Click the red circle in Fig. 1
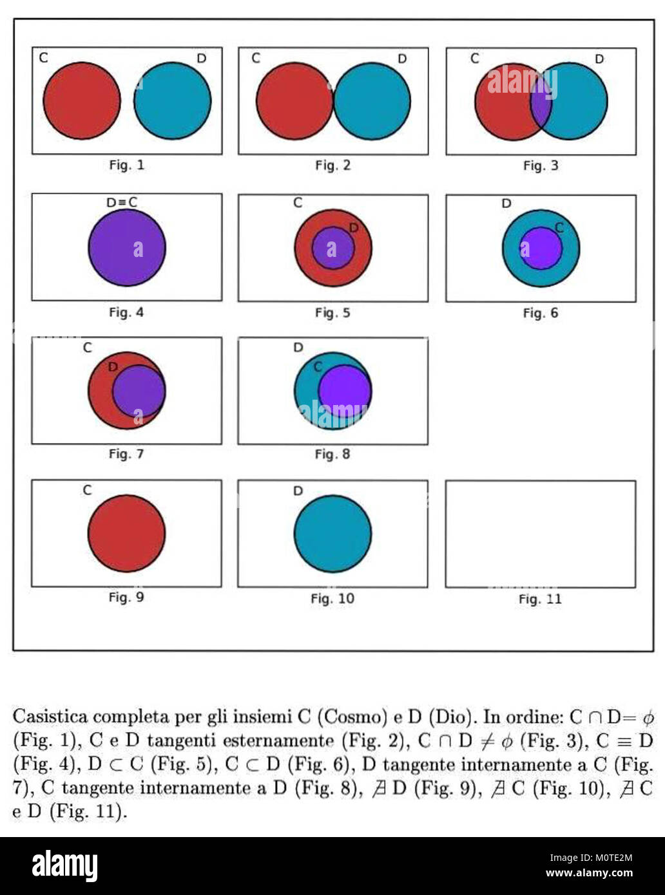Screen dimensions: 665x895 (x=82, y=101)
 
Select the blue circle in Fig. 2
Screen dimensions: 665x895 (x=372, y=101)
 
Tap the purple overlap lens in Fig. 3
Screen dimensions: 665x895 (x=541, y=101)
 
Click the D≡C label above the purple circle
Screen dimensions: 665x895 (x=122, y=202)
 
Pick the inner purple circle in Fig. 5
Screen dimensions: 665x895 (x=333, y=248)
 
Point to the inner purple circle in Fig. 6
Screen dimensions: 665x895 (x=541, y=248)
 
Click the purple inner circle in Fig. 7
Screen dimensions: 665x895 (x=139, y=391)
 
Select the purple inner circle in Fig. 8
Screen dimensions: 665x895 (x=345, y=391)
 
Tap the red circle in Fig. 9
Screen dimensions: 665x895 (x=126, y=533)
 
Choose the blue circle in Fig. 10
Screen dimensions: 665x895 (x=333, y=534)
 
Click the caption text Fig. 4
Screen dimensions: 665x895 (x=126, y=313)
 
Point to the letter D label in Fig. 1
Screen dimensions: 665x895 (x=201, y=59)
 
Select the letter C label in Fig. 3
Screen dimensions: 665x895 (x=475, y=59)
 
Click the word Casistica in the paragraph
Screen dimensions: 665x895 (x=50, y=717)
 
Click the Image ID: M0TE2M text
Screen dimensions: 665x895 (x=591, y=858)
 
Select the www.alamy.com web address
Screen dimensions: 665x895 (x=590, y=873)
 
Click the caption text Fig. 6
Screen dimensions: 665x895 (x=541, y=313)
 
